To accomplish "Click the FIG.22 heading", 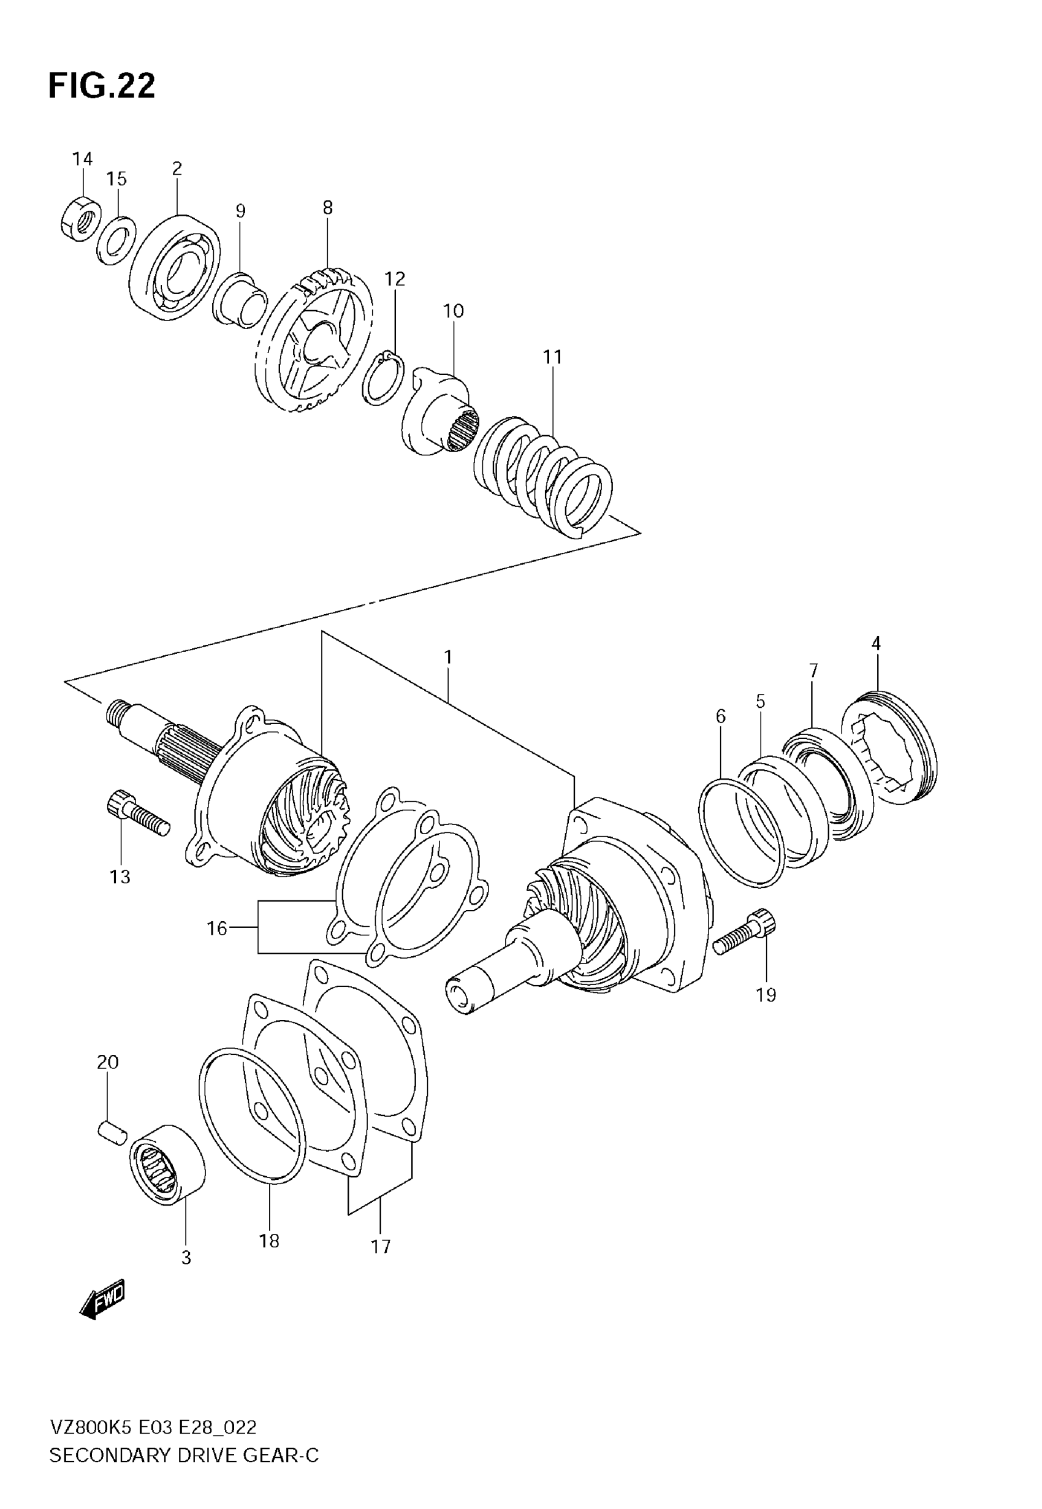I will pyautogui.click(x=102, y=86).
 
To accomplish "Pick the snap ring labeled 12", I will pyautogui.click(x=384, y=378).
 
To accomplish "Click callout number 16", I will pyautogui.click(x=217, y=927).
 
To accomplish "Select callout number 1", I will pyautogui.click(x=448, y=657).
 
